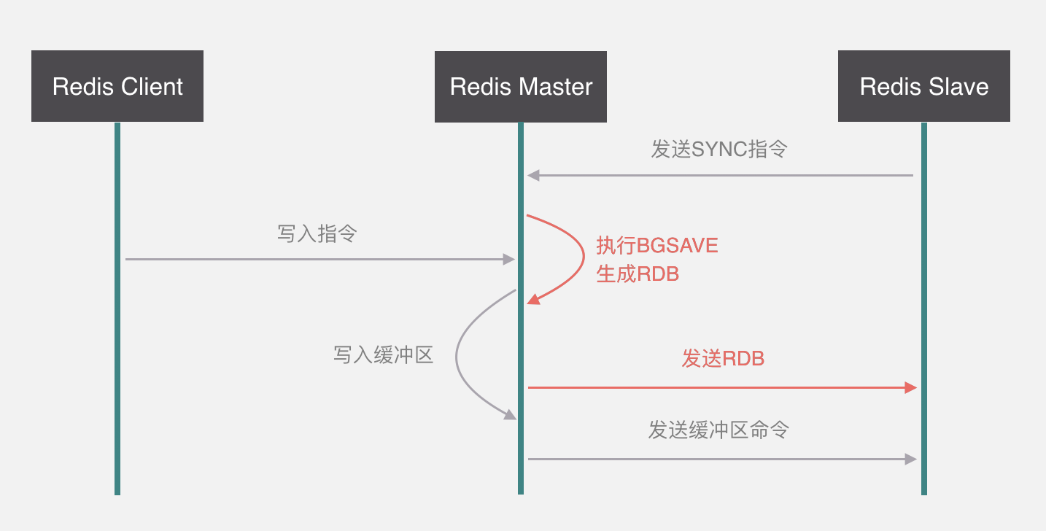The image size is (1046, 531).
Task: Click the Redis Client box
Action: click(117, 86)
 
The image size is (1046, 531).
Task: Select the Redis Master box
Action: click(521, 86)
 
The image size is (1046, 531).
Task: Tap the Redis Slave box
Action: click(923, 86)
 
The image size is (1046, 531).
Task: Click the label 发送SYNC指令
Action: click(719, 150)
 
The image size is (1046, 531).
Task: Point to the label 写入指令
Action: click(317, 233)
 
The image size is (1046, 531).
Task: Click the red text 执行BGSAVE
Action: click(657, 245)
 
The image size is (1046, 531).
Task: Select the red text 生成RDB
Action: click(638, 274)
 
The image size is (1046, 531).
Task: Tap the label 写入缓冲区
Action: click(384, 355)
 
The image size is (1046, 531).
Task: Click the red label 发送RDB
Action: click(723, 358)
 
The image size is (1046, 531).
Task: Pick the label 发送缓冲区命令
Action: click(718, 430)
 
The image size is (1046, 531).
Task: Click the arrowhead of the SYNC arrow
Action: click(533, 175)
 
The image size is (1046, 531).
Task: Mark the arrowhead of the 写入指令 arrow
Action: click(510, 259)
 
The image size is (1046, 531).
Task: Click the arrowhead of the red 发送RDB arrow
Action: click(910, 387)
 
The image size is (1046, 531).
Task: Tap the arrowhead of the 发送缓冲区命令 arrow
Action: click(910, 459)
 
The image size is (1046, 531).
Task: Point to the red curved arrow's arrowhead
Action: click(534, 299)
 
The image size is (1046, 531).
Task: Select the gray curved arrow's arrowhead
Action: click(509, 414)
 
